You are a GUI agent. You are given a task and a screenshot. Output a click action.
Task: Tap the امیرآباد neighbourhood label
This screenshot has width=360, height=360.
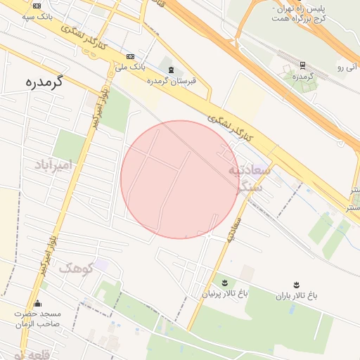pyautogui.click(x=54, y=165)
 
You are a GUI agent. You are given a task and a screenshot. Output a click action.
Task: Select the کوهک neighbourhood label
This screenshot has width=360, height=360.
pyautogui.click(x=76, y=267)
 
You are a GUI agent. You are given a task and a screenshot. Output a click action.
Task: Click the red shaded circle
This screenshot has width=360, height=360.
pyautogui.click(x=180, y=179)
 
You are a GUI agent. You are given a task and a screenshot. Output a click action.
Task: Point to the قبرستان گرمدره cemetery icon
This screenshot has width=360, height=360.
pyautogui.click(x=172, y=70)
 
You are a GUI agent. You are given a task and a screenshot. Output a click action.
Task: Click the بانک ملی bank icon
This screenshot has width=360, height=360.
pyautogui.click(x=130, y=56)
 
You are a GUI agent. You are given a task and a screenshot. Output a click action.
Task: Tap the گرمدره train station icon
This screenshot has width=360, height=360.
pyautogui.click(x=302, y=65)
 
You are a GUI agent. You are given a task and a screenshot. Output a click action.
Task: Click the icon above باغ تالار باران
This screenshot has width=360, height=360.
pyautogui.click(x=296, y=285)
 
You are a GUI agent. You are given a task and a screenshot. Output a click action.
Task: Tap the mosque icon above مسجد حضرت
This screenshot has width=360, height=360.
pyautogui.click(x=37, y=304)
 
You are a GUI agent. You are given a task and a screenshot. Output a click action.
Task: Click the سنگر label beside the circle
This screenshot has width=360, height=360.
pyautogui.click(x=250, y=186)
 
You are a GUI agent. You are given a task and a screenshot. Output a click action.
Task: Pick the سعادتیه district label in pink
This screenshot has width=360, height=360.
pyautogui.click(x=248, y=171)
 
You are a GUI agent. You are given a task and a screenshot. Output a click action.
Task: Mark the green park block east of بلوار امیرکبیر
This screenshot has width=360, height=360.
pyautogui.click(x=115, y=111)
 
